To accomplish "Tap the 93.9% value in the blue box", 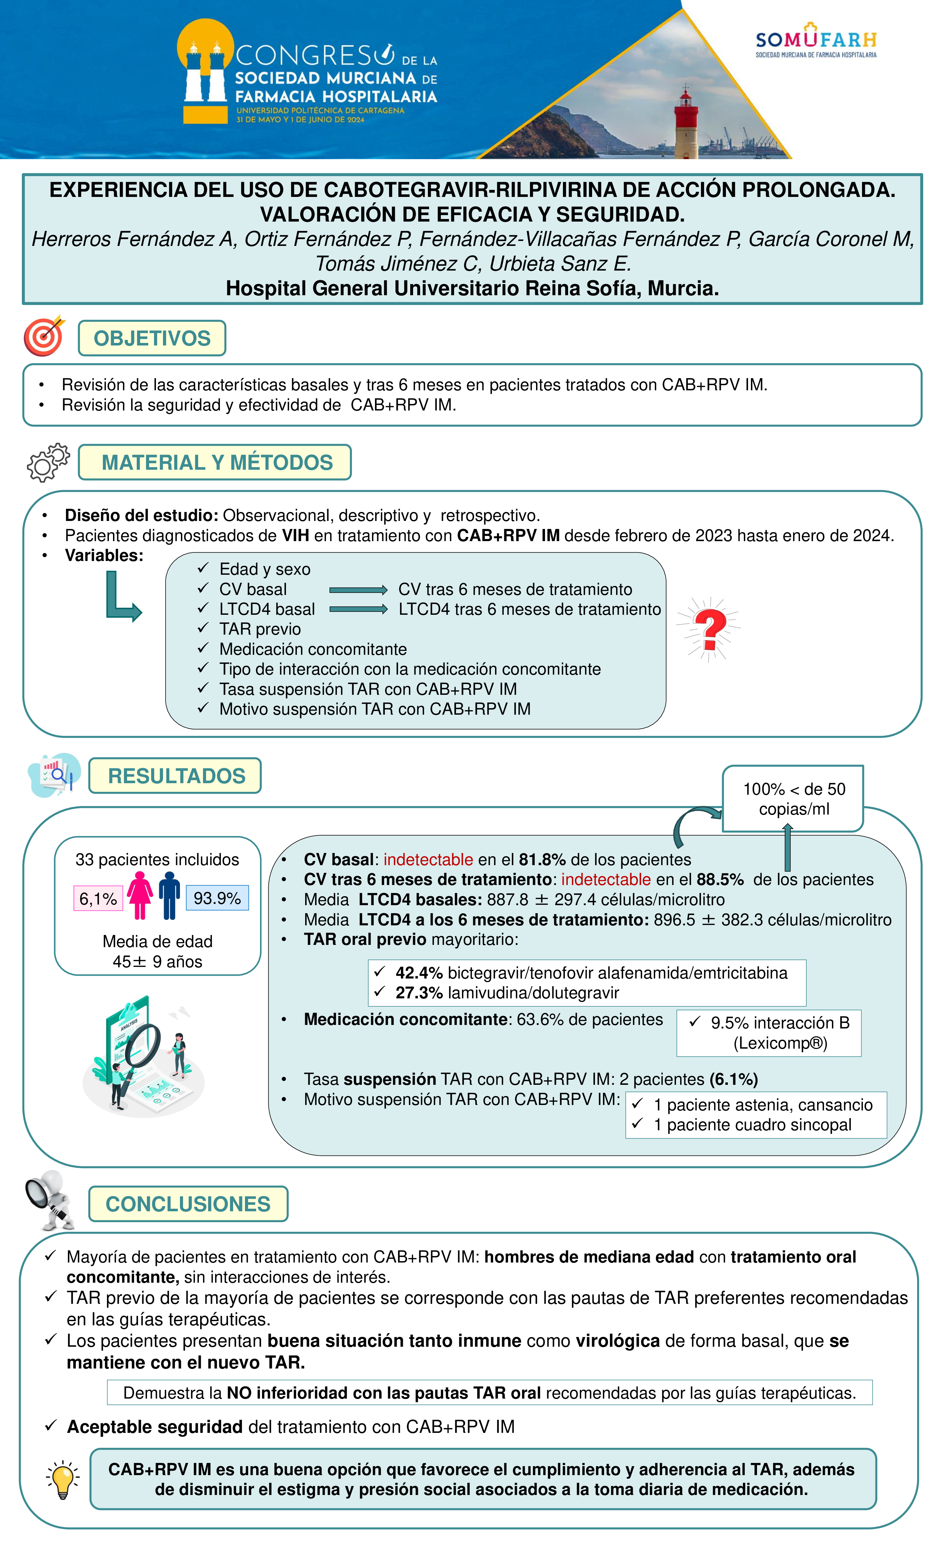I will pyautogui.click(x=217, y=898).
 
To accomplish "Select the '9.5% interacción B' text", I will pyautogui.click(x=779, y=1023).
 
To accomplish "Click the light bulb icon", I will pyautogui.click(x=63, y=1479).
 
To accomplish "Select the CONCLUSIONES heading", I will pyautogui.click(x=188, y=1204).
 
